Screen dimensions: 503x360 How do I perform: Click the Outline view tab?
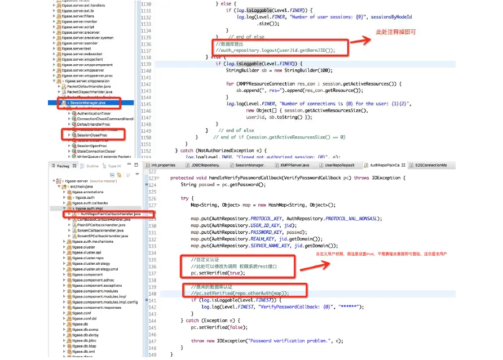tap(92, 166)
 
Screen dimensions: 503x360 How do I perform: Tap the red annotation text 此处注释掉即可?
tap(396, 32)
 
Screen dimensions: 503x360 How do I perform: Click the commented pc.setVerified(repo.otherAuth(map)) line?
tap(240, 293)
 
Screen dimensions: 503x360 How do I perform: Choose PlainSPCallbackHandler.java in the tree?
tap(101, 225)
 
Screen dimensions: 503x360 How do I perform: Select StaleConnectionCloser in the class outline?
tap(96, 152)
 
